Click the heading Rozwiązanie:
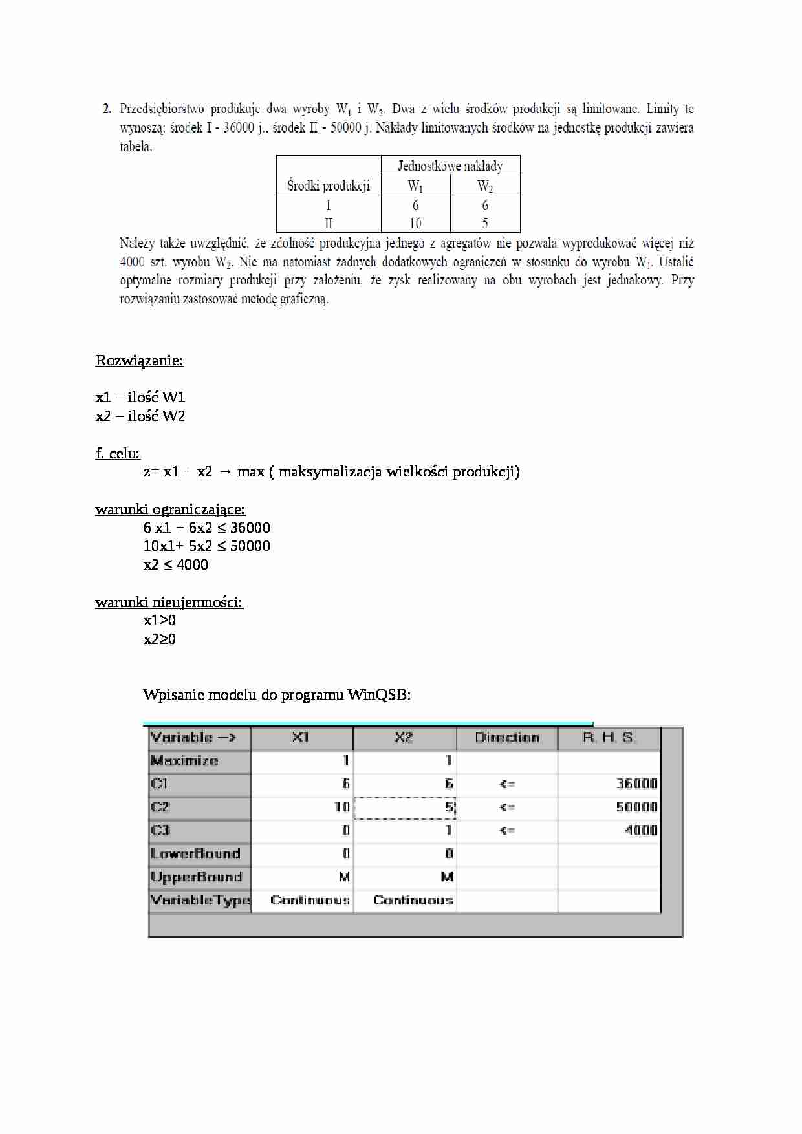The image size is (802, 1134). pyautogui.click(x=139, y=360)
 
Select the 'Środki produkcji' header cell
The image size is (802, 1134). pyautogui.click(x=329, y=186)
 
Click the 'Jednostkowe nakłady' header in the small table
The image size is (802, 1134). pyautogui.click(x=450, y=166)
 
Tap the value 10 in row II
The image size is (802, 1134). pyautogui.click(x=415, y=223)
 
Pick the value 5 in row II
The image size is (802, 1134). pyautogui.click(x=485, y=223)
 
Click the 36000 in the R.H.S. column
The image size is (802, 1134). pyautogui.click(x=636, y=784)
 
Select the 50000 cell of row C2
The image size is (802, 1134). pyautogui.click(x=636, y=807)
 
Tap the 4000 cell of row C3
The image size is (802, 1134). pyautogui.click(x=640, y=830)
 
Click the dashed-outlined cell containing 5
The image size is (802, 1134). pyautogui.click(x=406, y=808)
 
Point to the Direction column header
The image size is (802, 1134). pyautogui.click(x=507, y=738)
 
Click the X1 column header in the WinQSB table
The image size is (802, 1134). pyautogui.click(x=301, y=738)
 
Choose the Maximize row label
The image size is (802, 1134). pyautogui.click(x=185, y=761)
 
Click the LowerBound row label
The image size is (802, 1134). pyautogui.click(x=195, y=853)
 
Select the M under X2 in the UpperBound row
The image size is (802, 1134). pyautogui.click(x=447, y=877)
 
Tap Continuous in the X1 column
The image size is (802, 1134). pyautogui.click(x=310, y=900)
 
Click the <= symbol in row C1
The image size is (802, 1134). pyautogui.click(x=507, y=784)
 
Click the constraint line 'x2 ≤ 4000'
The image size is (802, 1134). pyautogui.click(x=176, y=564)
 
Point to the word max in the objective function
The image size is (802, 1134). pyautogui.click(x=251, y=471)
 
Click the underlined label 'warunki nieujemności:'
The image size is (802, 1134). pyautogui.click(x=169, y=602)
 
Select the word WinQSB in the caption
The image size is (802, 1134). pyautogui.click(x=378, y=695)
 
